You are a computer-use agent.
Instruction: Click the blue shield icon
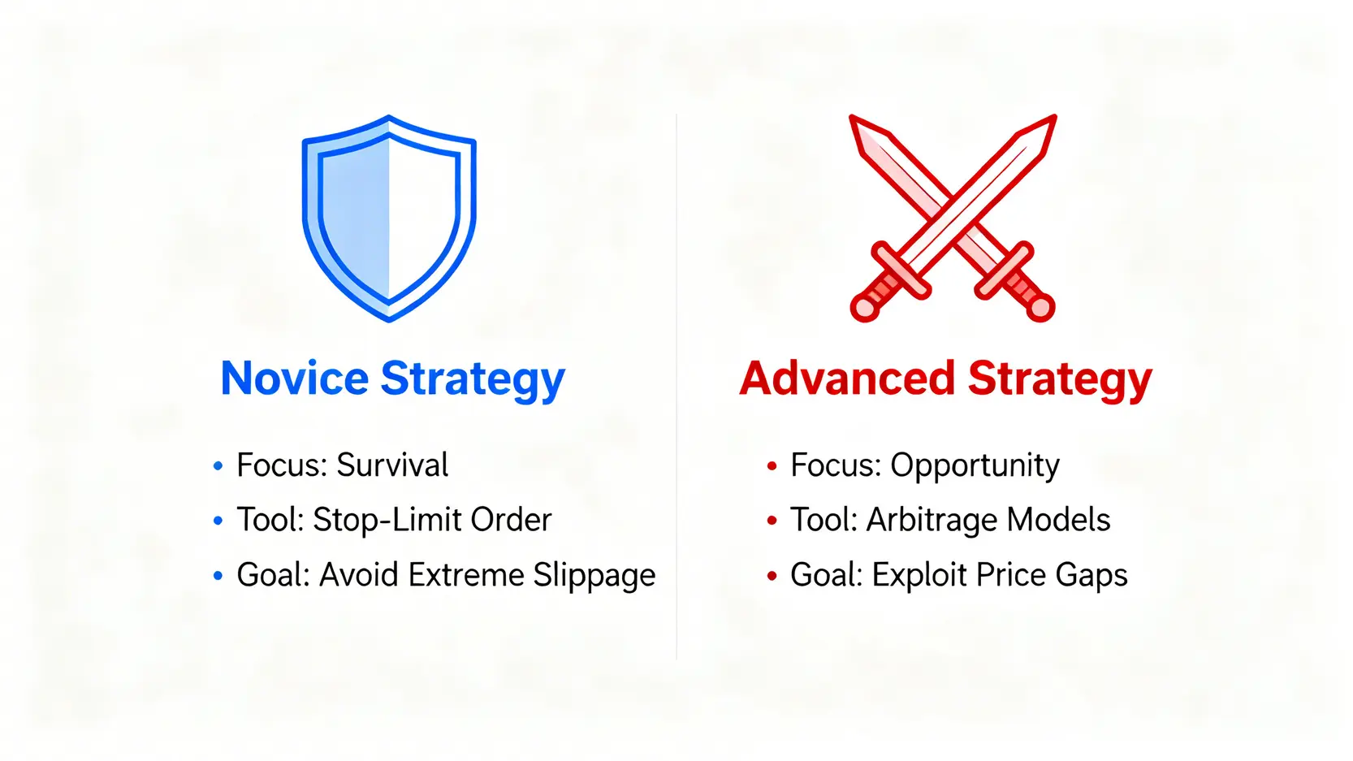click(x=390, y=218)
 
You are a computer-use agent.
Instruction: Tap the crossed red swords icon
click(x=953, y=218)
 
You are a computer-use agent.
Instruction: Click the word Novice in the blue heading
click(x=295, y=378)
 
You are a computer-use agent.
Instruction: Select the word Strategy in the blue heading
click(x=473, y=380)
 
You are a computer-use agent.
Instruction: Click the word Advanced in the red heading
click(x=847, y=378)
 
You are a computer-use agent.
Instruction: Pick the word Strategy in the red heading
click(x=1060, y=380)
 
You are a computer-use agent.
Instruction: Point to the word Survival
click(x=392, y=465)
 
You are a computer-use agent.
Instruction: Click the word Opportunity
click(x=975, y=466)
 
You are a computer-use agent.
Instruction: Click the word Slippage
click(x=594, y=576)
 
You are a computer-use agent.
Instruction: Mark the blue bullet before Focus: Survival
click(x=218, y=466)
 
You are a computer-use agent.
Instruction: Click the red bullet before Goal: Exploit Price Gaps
click(x=772, y=576)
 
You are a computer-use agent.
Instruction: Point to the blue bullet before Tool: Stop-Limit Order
click(x=218, y=521)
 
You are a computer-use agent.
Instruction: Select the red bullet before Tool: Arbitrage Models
click(x=772, y=521)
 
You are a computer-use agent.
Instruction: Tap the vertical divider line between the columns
click(x=676, y=387)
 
